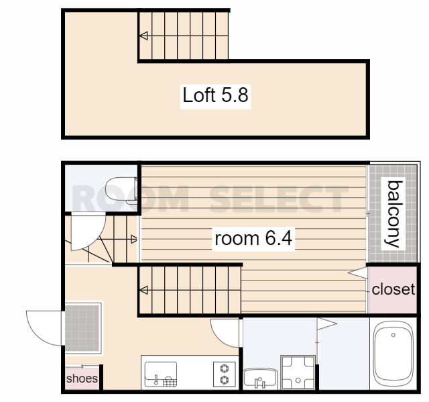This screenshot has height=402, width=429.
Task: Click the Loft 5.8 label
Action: click(215, 95)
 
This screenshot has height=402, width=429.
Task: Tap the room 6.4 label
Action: click(253, 238)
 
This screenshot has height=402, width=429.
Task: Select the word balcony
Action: click(393, 214)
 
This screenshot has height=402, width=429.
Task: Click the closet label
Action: click(393, 289)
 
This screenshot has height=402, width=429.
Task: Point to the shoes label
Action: click(82, 379)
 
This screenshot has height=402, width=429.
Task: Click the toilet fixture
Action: click(121, 191)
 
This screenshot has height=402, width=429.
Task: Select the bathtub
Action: click(393, 352)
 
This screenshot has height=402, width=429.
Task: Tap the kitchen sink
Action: click(161, 374)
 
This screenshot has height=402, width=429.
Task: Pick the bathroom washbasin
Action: click(260, 378)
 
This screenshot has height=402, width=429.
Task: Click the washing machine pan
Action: click(298, 372)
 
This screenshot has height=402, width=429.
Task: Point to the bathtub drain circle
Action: click(393, 335)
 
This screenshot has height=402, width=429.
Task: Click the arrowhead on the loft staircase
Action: click(143, 36)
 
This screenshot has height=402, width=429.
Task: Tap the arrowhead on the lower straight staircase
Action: click(143, 290)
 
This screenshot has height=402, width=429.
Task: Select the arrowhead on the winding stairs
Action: click(134, 240)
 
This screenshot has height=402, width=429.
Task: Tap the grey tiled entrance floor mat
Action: click(82, 328)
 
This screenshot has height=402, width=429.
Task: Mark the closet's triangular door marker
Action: click(358, 273)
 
